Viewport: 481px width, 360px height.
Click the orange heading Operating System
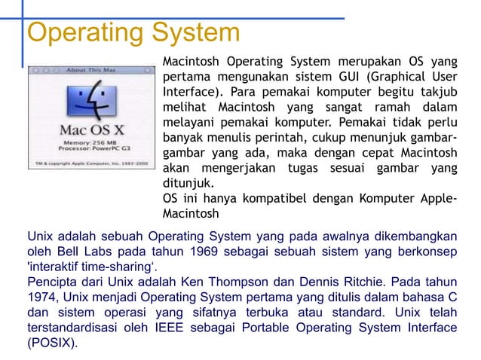pyautogui.click(x=133, y=33)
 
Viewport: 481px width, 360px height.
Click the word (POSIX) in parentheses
pyautogui.click(x=51, y=343)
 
